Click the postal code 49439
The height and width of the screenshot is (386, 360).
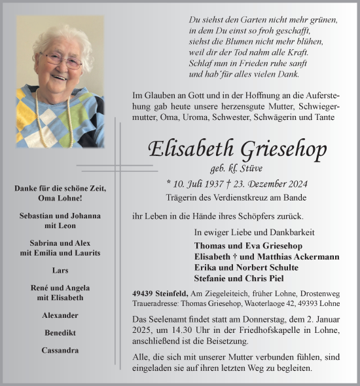click(x=143, y=293)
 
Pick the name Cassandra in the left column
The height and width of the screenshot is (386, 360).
click(x=60, y=350)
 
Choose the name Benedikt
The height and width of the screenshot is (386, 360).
click(x=60, y=332)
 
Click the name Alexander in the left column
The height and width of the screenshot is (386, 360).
click(x=60, y=315)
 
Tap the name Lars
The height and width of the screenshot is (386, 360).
click(x=60, y=269)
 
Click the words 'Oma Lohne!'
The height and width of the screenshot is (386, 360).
click(x=60, y=198)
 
